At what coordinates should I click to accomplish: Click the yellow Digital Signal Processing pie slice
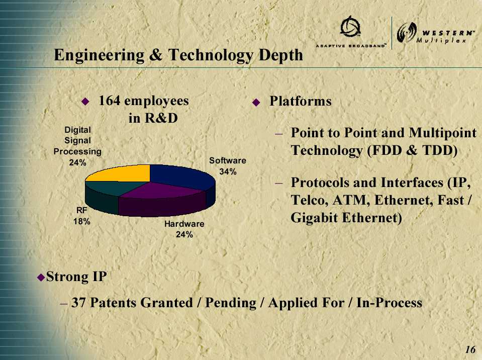click(x=123, y=173)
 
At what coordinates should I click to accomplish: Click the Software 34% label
click(x=228, y=166)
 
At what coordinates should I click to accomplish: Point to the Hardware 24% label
click(x=184, y=229)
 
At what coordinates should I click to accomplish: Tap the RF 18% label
click(x=82, y=216)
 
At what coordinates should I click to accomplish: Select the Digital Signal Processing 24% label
click(x=77, y=146)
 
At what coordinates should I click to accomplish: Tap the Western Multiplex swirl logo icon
click(x=407, y=33)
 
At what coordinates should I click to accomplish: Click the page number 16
click(x=470, y=350)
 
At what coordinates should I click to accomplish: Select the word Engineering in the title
click(x=99, y=56)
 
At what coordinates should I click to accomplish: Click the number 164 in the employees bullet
click(x=110, y=101)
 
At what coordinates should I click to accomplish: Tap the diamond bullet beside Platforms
click(x=256, y=102)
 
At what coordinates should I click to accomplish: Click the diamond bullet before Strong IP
click(x=41, y=278)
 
